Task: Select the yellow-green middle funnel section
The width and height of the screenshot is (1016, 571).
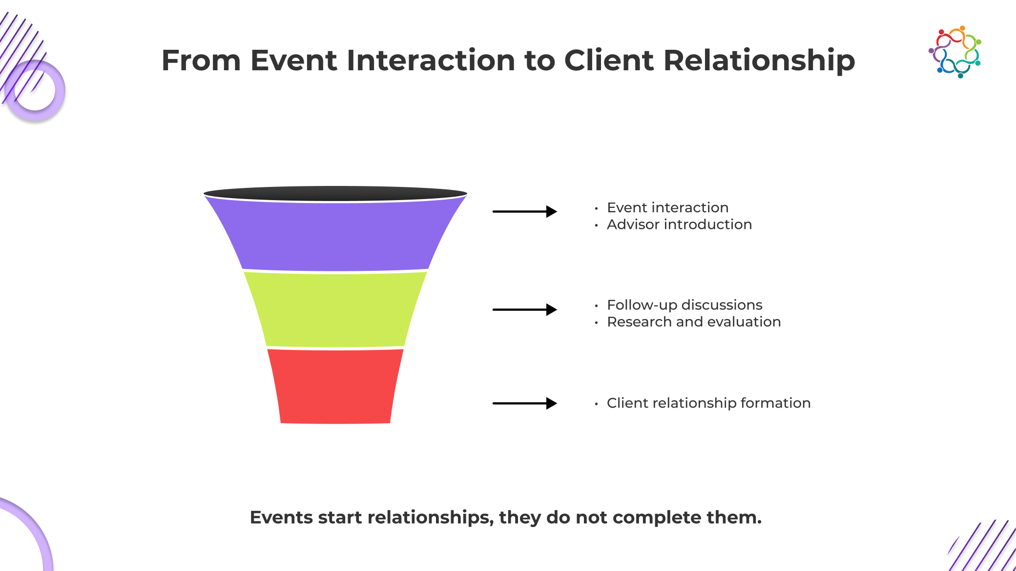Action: [x=335, y=309]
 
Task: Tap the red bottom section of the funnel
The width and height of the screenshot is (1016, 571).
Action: [x=335, y=386]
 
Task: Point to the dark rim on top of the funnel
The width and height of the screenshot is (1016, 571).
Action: [x=335, y=193]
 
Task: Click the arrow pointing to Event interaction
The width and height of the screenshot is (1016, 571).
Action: [x=524, y=211]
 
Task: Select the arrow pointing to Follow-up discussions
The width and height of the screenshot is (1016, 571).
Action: [x=524, y=309]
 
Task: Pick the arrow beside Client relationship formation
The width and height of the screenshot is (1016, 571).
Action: [x=524, y=403]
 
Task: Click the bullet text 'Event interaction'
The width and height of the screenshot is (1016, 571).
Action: [x=667, y=207]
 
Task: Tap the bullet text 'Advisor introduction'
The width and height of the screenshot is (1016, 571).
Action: [x=679, y=224]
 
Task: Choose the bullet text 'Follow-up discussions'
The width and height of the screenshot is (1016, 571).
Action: [x=684, y=305]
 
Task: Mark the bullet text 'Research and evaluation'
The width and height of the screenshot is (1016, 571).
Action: [x=694, y=322]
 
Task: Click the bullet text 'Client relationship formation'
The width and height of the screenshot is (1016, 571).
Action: [x=708, y=403]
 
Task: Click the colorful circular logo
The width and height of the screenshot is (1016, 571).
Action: [x=955, y=52]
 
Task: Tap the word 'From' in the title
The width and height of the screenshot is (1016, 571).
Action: [x=201, y=61]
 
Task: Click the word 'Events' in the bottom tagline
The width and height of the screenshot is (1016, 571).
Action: [x=281, y=517]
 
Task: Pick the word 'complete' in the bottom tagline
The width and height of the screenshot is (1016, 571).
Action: [x=657, y=518]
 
